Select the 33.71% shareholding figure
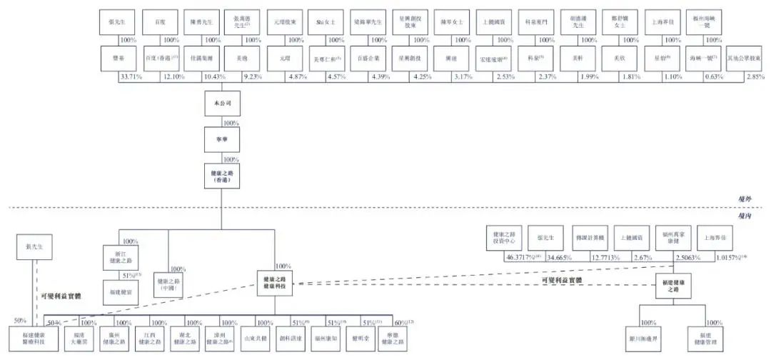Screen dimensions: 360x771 coord(130,76)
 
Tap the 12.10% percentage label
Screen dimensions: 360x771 coord(170,76)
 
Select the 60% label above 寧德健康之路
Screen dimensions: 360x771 coord(403,323)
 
